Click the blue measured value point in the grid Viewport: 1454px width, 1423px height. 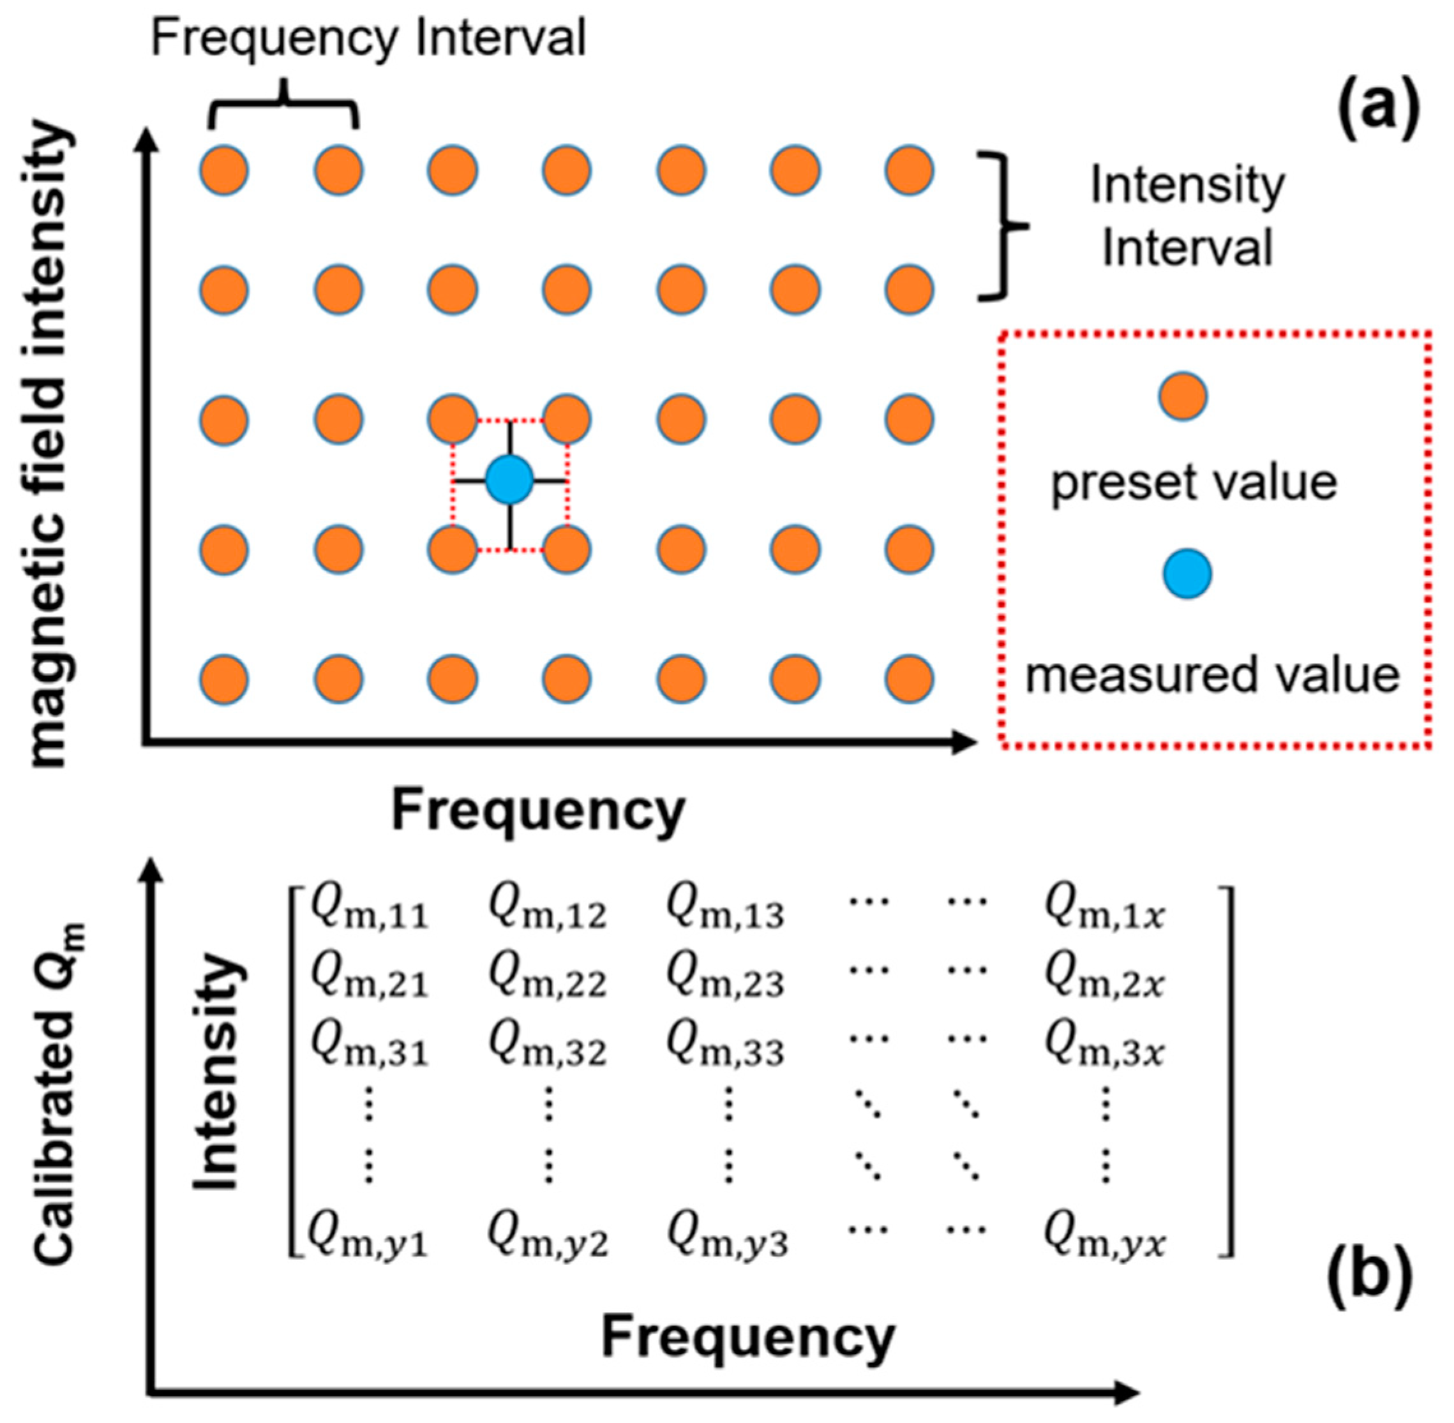click(x=509, y=480)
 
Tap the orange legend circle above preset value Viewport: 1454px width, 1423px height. click(x=1183, y=396)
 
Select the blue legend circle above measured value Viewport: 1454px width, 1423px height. click(x=1187, y=574)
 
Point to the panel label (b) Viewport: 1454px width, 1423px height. click(x=1370, y=1276)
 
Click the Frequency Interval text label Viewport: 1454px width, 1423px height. click(x=368, y=39)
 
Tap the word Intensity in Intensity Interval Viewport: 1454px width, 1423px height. click(x=1188, y=185)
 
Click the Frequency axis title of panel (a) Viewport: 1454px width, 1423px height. click(x=538, y=811)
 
